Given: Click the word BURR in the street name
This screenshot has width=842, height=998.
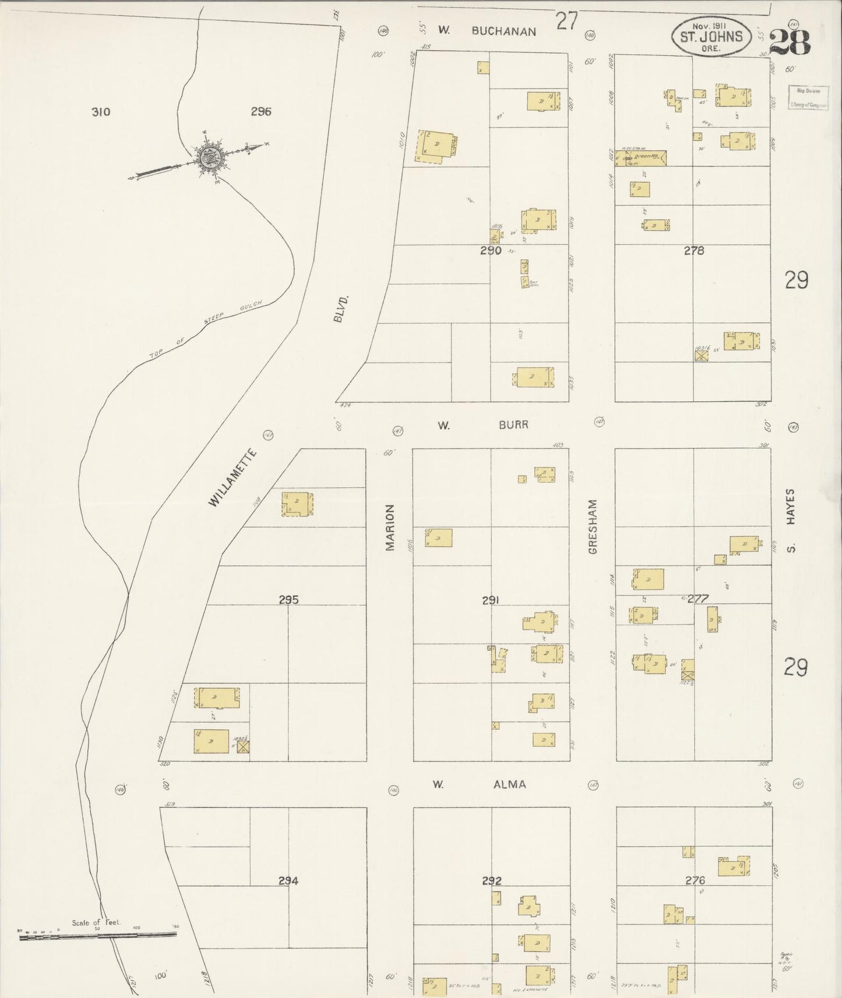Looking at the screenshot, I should pyautogui.click(x=513, y=425).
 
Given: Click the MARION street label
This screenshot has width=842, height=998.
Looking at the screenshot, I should pyautogui.click(x=390, y=527).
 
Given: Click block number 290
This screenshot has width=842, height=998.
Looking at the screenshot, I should pyautogui.click(x=491, y=251).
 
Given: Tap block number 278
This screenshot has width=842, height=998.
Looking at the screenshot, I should pyautogui.click(x=694, y=251).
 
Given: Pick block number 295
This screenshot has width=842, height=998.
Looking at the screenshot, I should pyautogui.click(x=288, y=599).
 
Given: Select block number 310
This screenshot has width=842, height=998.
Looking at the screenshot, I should pyautogui.click(x=101, y=112).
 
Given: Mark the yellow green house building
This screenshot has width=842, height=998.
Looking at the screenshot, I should pyautogui.click(x=646, y=157).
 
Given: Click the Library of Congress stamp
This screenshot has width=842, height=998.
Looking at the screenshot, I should pyautogui.click(x=808, y=97).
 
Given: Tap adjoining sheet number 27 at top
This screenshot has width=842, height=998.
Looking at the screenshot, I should pyautogui.click(x=566, y=21).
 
